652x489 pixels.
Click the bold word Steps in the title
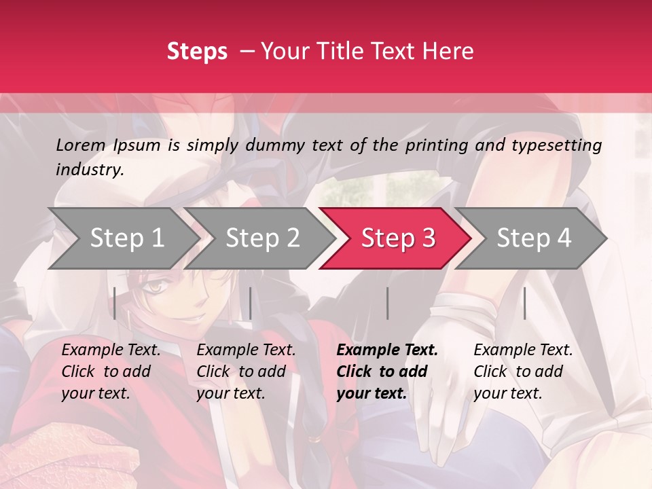(x=197, y=52)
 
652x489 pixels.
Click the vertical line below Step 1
(x=115, y=303)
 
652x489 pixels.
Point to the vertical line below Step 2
(x=251, y=303)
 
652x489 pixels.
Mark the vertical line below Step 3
(x=388, y=303)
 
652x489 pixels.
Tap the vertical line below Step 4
(x=524, y=303)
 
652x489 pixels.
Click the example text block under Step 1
(x=111, y=372)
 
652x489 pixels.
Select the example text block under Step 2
(x=247, y=372)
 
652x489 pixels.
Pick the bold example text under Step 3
(x=387, y=372)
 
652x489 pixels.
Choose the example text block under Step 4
(x=523, y=372)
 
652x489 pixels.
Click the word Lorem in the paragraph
(x=81, y=145)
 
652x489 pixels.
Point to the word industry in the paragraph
(x=90, y=170)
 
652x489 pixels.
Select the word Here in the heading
(x=451, y=52)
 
